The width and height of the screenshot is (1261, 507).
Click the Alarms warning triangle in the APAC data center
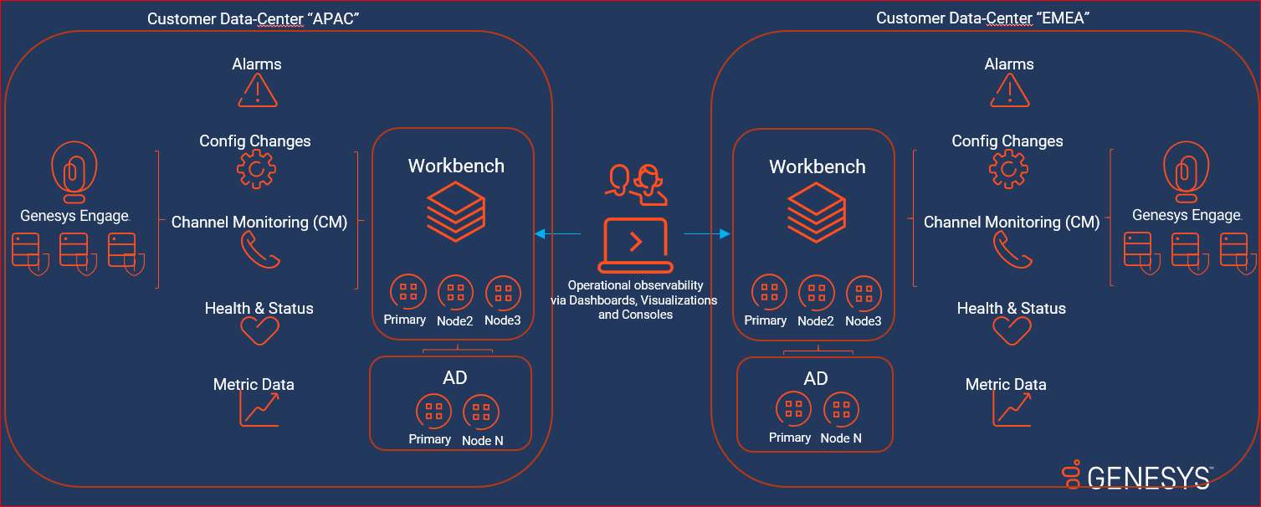coord(257,90)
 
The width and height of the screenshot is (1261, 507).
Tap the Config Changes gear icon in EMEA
coord(1008,171)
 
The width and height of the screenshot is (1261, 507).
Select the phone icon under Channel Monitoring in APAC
coord(259,249)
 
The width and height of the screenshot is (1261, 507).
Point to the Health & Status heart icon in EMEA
coord(1012,331)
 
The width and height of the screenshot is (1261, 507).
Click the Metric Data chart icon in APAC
coord(259,408)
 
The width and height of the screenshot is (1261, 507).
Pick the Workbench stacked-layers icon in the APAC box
coord(456,208)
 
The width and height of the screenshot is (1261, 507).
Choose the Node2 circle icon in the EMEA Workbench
coord(816,293)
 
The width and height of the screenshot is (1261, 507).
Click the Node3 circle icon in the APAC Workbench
coord(503,293)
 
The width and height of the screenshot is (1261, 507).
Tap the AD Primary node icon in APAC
coord(433,411)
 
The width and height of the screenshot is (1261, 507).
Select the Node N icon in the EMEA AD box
coord(841,410)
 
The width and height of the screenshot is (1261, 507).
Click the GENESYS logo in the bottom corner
coord(1138,477)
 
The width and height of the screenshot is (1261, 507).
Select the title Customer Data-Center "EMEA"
coord(982,18)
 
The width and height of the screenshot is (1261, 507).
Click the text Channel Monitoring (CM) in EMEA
coord(1011,223)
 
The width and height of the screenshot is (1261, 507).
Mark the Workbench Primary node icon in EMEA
coord(768,293)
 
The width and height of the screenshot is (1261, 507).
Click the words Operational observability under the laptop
coord(635,286)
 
